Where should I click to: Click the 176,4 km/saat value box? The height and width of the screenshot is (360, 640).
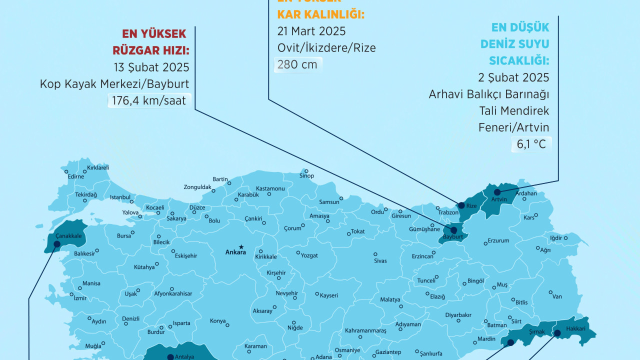[149, 100]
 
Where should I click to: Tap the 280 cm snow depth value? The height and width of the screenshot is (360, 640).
[298, 64]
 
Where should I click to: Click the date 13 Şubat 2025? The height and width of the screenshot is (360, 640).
[151, 67]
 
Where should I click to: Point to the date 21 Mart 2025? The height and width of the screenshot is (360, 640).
[311, 31]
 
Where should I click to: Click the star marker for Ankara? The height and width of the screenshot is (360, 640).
[241, 246]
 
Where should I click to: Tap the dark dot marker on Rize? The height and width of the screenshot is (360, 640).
[461, 205]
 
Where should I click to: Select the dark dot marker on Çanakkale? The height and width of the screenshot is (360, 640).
[56, 244]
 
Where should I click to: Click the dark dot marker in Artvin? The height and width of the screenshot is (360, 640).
[497, 192]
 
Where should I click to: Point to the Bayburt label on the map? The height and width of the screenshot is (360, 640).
[453, 236]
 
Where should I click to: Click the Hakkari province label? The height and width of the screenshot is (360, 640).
[575, 329]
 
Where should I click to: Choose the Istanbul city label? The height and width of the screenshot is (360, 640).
[119, 197]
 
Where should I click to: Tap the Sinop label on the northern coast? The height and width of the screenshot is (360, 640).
[306, 176]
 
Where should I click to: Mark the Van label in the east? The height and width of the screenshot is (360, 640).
[557, 296]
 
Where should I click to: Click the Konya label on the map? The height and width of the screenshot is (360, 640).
[217, 321]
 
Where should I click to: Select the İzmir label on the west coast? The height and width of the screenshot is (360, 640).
[80, 298]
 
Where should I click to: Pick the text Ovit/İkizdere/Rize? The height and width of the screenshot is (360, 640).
[326, 48]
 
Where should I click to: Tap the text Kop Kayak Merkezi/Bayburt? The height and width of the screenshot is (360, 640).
[114, 84]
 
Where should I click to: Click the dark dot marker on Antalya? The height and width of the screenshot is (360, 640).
[170, 356]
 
